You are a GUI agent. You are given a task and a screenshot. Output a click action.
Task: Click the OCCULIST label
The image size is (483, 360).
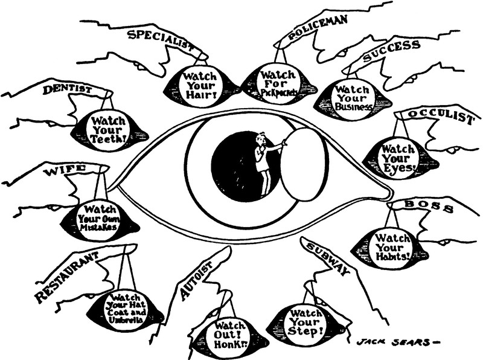[440, 115]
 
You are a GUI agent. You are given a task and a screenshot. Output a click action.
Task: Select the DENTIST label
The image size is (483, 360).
[68, 91]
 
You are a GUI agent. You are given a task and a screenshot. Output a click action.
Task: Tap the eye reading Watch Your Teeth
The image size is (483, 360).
[109, 127]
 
